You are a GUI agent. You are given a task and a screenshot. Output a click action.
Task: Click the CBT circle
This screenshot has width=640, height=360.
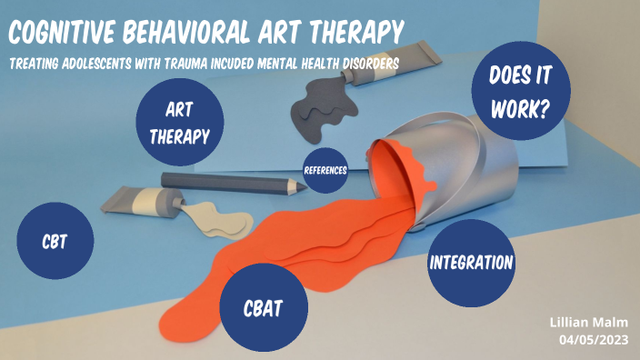point(55,242)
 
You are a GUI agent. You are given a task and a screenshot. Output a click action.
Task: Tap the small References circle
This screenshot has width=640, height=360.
point(325,169)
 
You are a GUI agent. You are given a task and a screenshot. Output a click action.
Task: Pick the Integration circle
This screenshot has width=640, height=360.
point(470,264)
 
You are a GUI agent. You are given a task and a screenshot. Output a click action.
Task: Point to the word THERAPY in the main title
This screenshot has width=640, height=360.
point(356,34)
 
